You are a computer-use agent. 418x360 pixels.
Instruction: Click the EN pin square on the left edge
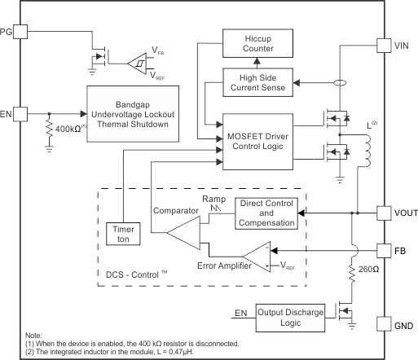[x=20, y=113]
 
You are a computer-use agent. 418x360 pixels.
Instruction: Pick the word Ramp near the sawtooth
[x=214, y=198]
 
